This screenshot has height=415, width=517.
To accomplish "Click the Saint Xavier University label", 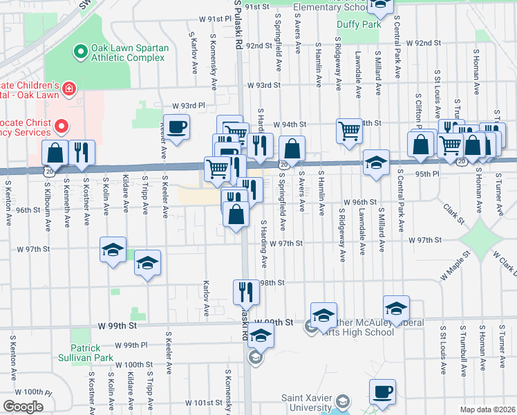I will coord(307,403).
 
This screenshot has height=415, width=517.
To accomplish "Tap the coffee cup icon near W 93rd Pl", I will coord(177,127).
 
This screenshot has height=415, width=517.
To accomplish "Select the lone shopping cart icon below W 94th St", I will coord(349,130).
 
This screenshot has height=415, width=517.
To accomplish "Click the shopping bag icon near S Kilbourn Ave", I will coord(55,154).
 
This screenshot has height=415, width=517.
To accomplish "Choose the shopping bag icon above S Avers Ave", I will coord(292,149).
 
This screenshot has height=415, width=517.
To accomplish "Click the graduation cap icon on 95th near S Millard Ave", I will coord(376,163).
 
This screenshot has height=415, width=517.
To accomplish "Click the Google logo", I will coord(23,407).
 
